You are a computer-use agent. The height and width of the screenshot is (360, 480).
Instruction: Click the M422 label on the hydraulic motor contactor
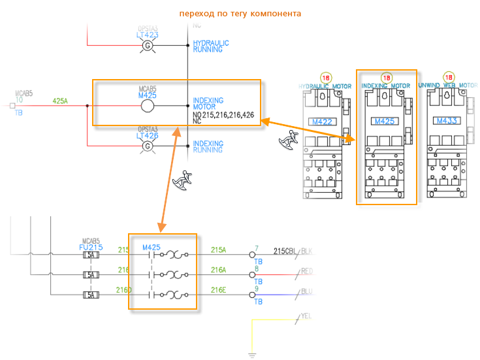[322, 121]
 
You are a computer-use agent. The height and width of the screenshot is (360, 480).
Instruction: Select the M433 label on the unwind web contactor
[447, 121]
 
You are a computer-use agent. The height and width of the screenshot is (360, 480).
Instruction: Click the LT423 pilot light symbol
[148, 45]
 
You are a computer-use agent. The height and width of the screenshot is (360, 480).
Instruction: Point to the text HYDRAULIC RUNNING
[211, 46]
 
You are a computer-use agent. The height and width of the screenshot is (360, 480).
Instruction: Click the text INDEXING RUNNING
[208, 147]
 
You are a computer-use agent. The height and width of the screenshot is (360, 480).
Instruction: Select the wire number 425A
[60, 101]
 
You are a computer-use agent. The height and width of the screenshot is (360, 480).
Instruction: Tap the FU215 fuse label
[91, 248]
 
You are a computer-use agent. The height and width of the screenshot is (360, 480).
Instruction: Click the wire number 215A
[218, 250]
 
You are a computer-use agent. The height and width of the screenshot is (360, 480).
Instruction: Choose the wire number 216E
[218, 290]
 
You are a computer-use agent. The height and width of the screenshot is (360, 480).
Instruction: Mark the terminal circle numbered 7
[252, 255]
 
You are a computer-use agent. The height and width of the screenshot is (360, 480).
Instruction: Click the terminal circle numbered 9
[252, 295]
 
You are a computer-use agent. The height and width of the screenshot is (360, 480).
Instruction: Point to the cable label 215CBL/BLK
[293, 251]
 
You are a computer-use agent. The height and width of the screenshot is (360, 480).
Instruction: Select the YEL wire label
[306, 317]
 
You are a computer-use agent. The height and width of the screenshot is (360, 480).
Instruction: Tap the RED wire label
[307, 271]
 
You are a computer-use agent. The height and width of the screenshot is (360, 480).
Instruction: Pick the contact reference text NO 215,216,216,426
[223, 114]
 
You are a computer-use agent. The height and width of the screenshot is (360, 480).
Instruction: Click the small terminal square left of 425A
[12, 105]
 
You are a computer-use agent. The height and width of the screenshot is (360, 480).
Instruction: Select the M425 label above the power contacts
[152, 247]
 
